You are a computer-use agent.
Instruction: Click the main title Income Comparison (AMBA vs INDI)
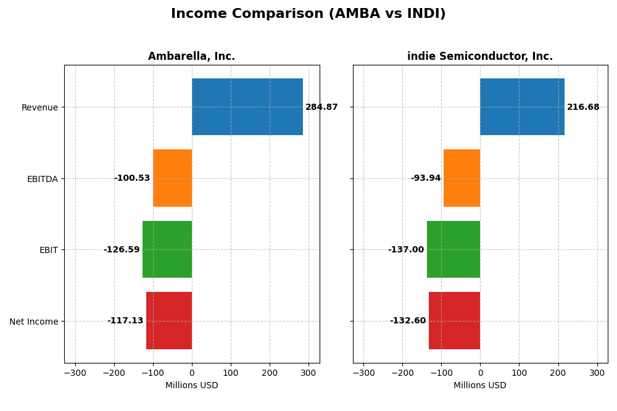click(308, 14)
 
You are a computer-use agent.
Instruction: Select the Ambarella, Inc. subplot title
click(191, 57)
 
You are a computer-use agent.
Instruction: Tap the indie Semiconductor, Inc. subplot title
click(479, 57)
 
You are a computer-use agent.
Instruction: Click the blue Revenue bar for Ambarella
click(247, 107)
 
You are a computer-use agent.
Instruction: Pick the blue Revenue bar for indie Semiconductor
click(522, 107)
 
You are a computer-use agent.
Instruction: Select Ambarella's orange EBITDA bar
click(172, 178)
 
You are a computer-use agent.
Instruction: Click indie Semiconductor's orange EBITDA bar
click(462, 178)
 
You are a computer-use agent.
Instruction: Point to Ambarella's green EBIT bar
click(167, 249)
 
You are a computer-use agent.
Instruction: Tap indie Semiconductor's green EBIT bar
click(453, 249)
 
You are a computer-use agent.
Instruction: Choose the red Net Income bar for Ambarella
click(169, 321)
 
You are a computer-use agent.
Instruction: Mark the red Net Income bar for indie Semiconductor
click(454, 321)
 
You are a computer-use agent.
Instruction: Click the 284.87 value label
click(321, 107)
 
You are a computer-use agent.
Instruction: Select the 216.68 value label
click(583, 107)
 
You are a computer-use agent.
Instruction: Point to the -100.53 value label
click(132, 178)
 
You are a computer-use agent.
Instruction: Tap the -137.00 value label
click(406, 250)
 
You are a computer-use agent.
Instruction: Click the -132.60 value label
click(408, 321)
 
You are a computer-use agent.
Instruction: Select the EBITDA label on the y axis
click(43, 179)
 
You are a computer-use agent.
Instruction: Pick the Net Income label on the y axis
click(34, 322)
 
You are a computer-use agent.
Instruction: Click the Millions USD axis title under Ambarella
click(191, 386)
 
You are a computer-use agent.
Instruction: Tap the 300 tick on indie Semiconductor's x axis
click(597, 373)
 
